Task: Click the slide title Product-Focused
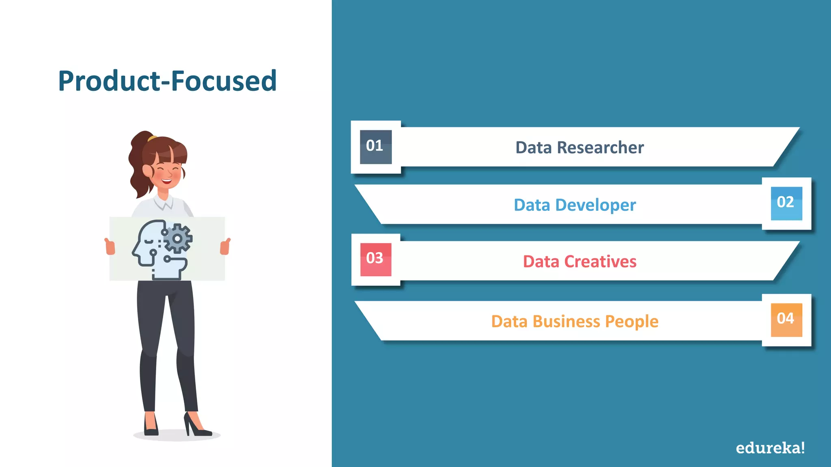[167, 81]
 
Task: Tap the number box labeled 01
[376, 147]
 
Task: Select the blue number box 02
[786, 203]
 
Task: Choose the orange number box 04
[786, 319]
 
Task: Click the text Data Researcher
[579, 148]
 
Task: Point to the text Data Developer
[575, 205]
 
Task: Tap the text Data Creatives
[579, 262]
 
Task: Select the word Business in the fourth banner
[566, 321]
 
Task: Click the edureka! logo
[770, 448]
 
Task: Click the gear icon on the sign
[178, 239]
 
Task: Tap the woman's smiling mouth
[167, 180]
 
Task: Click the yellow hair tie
[152, 138]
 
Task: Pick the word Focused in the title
[224, 81]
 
